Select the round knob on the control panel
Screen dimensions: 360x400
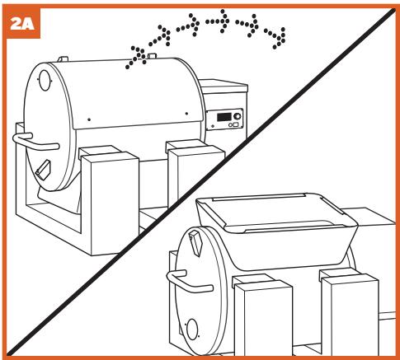tap(237, 116)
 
